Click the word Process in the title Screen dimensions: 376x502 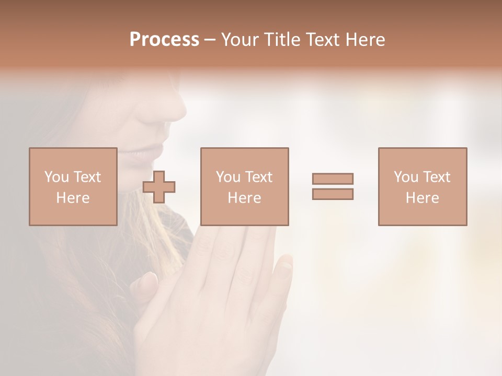click(x=164, y=40)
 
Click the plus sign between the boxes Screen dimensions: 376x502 click(x=159, y=187)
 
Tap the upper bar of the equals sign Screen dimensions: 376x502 click(x=333, y=179)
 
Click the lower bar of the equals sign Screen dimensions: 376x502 click(x=333, y=194)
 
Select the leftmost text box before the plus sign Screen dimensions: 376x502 click(x=73, y=186)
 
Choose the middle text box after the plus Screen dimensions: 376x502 click(x=244, y=186)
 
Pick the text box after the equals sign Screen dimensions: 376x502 click(x=422, y=186)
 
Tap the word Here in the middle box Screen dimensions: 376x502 click(x=244, y=198)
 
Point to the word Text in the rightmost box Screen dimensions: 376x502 click(x=436, y=177)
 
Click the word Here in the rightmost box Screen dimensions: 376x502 click(x=422, y=198)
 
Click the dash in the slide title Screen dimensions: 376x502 click(x=210, y=40)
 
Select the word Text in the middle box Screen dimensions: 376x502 click(x=258, y=177)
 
